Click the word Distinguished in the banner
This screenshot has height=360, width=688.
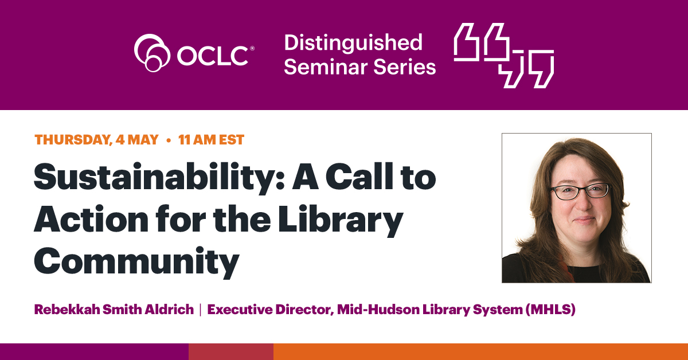tap(353, 42)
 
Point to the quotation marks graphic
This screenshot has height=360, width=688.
tap(504, 55)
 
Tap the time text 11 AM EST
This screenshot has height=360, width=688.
tap(211, 140)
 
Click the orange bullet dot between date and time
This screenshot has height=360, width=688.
tap(169, 140)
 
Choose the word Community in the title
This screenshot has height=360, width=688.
tap(136, 261)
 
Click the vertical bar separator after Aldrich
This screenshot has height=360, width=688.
tap(200, 310)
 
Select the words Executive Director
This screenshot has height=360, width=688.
tap(269, 310)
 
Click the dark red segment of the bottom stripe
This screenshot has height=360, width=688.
tap(231, 351)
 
